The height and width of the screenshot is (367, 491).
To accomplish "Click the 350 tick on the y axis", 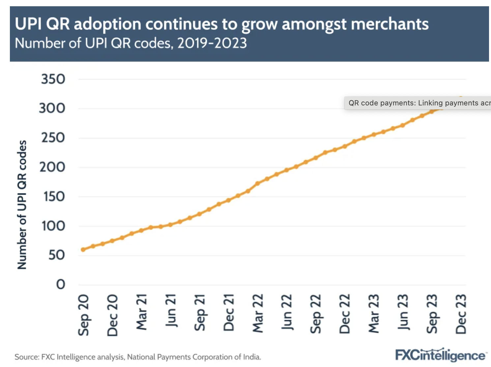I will click(x=53, y=79).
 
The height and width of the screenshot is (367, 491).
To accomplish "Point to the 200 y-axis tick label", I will click(x=52, y=167).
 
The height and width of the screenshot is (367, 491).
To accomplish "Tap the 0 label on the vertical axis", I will click(x=61, y=284).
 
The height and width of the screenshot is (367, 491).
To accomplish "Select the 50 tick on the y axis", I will click(x=57, y=255).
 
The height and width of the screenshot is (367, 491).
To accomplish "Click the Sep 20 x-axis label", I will click(x=83, y=315).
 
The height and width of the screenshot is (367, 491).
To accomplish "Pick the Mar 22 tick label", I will click(x=258, y=313).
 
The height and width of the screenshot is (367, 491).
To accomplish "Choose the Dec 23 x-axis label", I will click(x=461, y=314).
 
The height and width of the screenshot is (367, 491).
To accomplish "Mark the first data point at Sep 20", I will click(x=83, y=250).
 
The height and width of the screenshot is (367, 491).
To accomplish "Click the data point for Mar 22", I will click(x=257, y=183).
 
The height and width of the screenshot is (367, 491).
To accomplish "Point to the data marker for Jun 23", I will click(x=403, y=126).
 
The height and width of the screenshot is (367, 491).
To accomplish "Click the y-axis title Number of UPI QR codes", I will click(x=22, y=205).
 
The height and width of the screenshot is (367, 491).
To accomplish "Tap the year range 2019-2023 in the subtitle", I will click(x=212, y=43).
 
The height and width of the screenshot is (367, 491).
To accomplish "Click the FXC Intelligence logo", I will click(x=440, y=355).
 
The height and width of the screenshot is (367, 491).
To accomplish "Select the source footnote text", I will click(x=138, y=357).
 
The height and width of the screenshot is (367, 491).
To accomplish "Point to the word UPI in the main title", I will click(x=28, y=24).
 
